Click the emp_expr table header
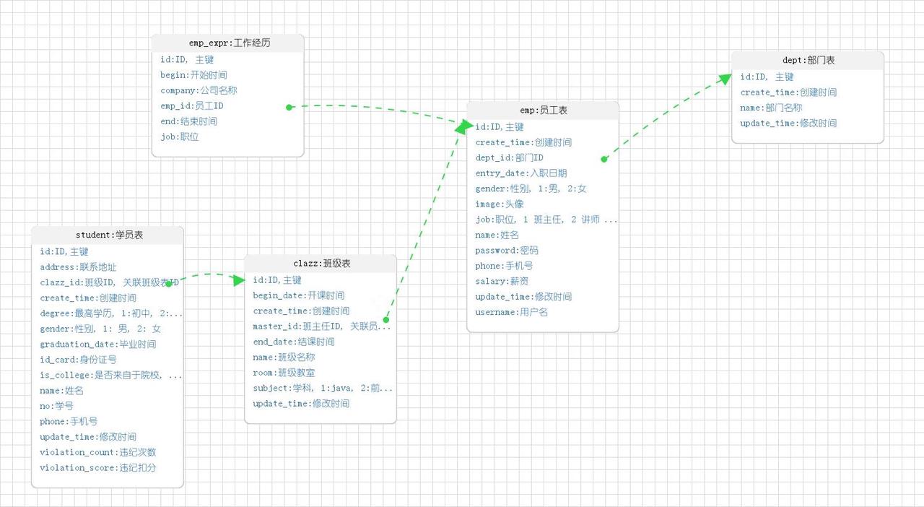tap(227, 43)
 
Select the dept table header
tap(808, 61)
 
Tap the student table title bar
tap(108, 235)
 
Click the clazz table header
tap(321, 264)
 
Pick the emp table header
tap(543, 110)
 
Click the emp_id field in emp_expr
tap(192, 106)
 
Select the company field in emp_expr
tap(199, 90)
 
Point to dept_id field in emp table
tap(509, 157)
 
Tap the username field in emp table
tap(511, 312)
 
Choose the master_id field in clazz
tap(321, 326)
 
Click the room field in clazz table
tap(284, 373)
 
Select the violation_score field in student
tap(98, 468)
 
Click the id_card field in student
tap(78, 360)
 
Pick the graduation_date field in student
tap(97, 344)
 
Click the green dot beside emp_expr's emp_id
tap(289, 107)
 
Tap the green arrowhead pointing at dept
tap(725, 78)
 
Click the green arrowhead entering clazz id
tap(239, 279)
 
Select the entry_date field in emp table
tap(520, 173)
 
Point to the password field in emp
tap(507, 251)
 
